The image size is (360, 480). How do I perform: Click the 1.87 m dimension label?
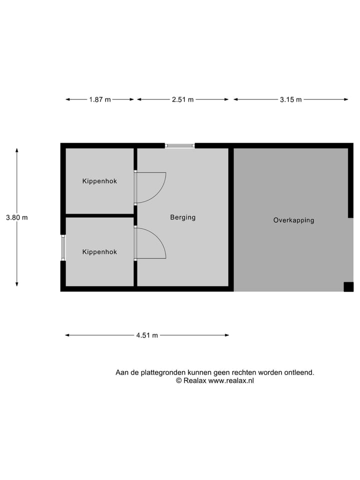[x=99, y=99]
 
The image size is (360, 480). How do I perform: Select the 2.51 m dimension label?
[x=182, y=99]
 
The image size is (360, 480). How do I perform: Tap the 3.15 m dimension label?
[x=290, y=99]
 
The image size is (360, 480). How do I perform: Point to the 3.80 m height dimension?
[x=16, y=217]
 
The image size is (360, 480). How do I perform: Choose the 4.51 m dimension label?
[x=147, y=335]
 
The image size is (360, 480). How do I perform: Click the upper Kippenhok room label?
[x=99, y=181]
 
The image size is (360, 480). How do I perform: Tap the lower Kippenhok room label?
[x=99, y=252]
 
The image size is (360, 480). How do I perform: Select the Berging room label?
[x=182, y=217]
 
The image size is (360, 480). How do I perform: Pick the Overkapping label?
[x=293, y=220]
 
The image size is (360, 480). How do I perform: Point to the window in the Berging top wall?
[x=179, y=145]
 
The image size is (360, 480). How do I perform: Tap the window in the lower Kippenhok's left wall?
[x=63, y=247]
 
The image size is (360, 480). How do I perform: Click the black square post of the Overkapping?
[x=348, y=286]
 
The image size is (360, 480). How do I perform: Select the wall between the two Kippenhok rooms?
[x=99, y=215]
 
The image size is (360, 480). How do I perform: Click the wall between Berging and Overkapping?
[x=231, y=217]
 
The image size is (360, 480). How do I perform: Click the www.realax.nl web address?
[x=231, y=380]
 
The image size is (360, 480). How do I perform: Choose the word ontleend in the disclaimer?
[x=299, y=372]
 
